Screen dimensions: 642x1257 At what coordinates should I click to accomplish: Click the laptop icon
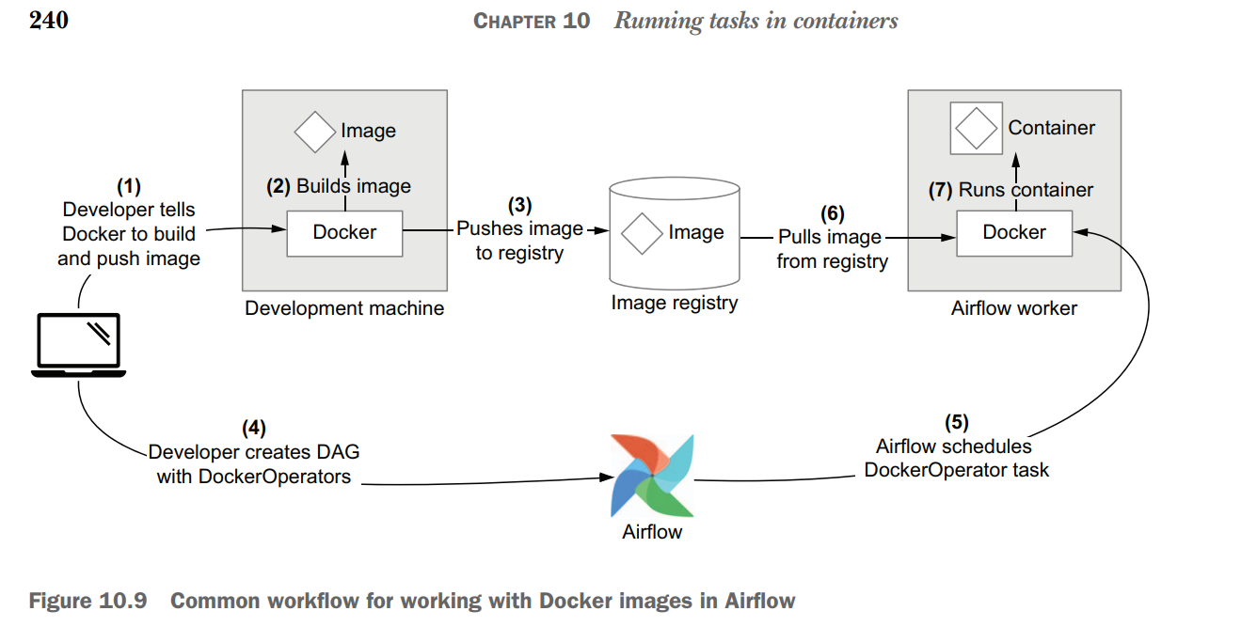tap(78, 345)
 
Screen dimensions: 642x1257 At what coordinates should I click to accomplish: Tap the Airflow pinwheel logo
tap(652, 476)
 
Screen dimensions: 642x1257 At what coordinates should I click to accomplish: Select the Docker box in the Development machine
tap(344, 233)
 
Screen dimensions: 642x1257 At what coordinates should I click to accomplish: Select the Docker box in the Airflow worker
tap(1014, 232)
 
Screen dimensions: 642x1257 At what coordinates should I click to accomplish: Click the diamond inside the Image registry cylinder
tap(643, 232)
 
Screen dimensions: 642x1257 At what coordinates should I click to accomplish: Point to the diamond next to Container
tap(977, 128)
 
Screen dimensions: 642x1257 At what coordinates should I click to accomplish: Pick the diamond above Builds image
tap(315, 132)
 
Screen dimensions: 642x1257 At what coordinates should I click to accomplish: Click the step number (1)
tap(128, 186)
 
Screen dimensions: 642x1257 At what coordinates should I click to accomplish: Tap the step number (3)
tap(519, 205)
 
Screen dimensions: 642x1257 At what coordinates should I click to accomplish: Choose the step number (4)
tap(254, 429)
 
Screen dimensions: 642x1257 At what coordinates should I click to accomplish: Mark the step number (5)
tap(956, 423)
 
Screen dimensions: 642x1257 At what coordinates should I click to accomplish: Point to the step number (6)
tap(832, 214)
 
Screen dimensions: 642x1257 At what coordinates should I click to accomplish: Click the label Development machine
tap(344, 308)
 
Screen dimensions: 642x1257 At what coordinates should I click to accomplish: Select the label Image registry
tap(675, 303)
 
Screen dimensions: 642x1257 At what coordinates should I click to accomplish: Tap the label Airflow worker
tap(1013, 308)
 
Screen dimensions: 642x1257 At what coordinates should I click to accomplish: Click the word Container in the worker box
tap(1052, 128)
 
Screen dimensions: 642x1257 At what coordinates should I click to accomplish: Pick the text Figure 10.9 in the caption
tap(88, 601)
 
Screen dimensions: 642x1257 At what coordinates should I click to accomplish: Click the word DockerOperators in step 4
tap(274, 477)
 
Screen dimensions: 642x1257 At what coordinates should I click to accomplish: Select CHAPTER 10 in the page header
tap(532, 21)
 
